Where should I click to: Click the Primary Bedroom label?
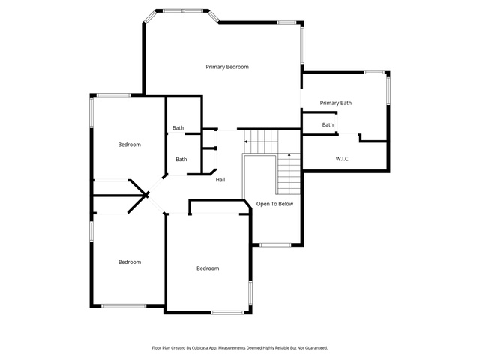pyautogui.click(x=227, y=67)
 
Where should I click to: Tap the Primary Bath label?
pyautogui.click(x=336, y=103)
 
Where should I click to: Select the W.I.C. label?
pyautogui.click(x=343, y=159)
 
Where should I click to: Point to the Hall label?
pyautogui.click(x=220, y=180)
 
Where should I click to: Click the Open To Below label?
pyautogui.click(x=275, y=204)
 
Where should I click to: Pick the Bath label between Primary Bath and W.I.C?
pyautogui.click(x=328, y=125)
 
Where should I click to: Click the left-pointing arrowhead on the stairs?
pyautogui.click(x=245, y=142)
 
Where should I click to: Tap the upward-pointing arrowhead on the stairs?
pyautogui.click(x=289, y=155)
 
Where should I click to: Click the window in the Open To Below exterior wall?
pyautogui.click(x=275, y=245)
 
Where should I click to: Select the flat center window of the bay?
pyautogui.click(x=183, y=10)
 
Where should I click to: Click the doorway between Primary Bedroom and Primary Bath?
pyautogui.click(x=301, y=98)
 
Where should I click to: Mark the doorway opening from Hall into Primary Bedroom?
pyautogui.click(x=227, y=130)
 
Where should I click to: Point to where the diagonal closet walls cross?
pyautogui.click(x=147, y=195)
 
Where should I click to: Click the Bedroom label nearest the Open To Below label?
pyautogui.click(x=208, y=268)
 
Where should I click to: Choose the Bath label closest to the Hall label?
pyautogui.click(x=181, y=160)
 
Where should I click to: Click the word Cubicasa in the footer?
pyautogui.click(x=200, y=348)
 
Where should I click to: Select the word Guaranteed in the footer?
pyautogui.click(x=316, y=348)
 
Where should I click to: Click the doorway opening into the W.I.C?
pyautogui.click(x=349, y=134)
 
